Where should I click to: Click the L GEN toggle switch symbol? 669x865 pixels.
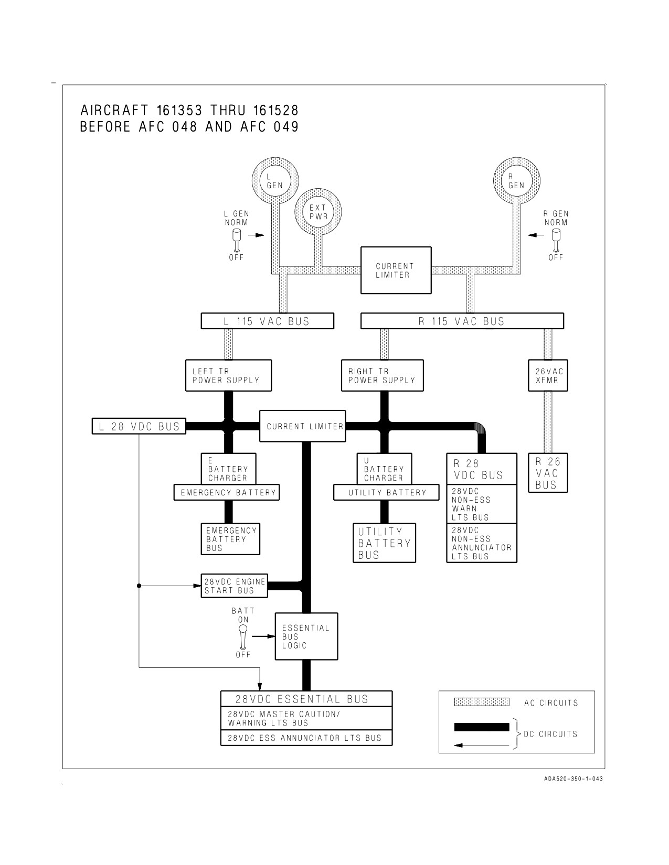(x=237, y=240)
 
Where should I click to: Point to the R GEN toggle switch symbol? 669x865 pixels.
(x=556, y=240)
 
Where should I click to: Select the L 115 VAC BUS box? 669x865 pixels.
(x=268, y=321)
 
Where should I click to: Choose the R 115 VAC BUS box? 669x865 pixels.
(x=462, y=321)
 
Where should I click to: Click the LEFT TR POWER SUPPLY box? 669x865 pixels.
(x=228, y=375)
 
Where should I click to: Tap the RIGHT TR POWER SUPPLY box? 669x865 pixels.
(x=383, y=375)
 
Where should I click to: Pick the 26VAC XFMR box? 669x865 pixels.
(x=548, y=375)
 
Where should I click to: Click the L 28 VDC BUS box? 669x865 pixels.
(x=139, y=426)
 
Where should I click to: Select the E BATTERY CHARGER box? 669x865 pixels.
(x=228, y=469)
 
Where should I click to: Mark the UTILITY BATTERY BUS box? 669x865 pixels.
(x=384, y=543)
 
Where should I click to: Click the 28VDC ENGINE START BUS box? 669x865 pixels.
(x=235, y=586)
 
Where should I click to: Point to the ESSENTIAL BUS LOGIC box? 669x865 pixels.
(x=306, y=636)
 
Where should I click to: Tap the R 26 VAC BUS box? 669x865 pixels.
(x=548, y=472)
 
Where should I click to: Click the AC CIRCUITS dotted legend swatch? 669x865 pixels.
(x=482, y=702)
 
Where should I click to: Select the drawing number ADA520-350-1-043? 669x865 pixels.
(x=574, y=779)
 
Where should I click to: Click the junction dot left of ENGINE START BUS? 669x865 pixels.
(x=139, y=586)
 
